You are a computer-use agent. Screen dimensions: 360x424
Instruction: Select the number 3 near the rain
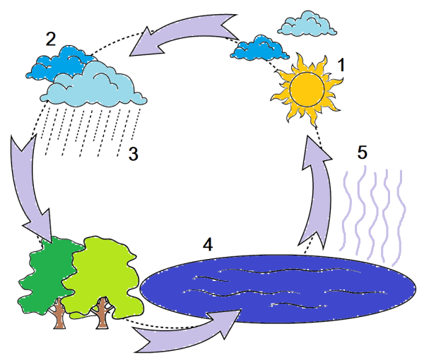(133, 155)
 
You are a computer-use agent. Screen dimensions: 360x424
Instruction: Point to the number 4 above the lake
(207, 244)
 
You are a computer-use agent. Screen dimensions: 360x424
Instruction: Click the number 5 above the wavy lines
(363, 152)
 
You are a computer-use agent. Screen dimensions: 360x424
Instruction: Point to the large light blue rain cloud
(92, 85)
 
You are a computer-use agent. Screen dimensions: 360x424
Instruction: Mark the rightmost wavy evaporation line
(401, 212)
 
